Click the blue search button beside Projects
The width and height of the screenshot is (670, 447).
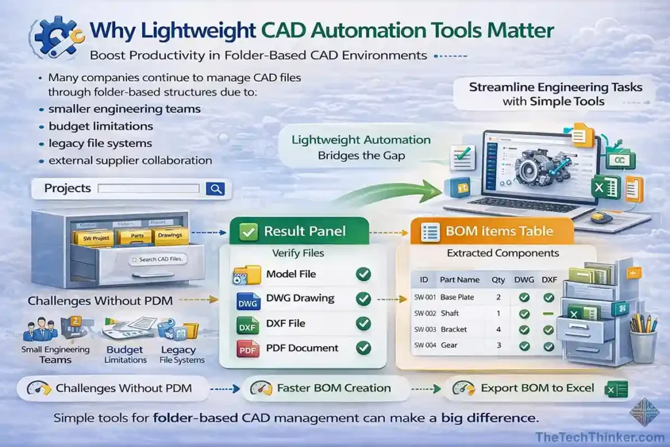(215, 189)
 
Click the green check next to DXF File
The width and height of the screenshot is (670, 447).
(362, 324)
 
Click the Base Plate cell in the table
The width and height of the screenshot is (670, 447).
(457, 297)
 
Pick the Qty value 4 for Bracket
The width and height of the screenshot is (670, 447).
(499, 329)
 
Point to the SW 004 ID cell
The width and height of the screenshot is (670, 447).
(425, 345)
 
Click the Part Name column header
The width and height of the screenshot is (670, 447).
(459, 279)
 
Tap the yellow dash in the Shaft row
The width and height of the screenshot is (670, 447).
(548, 314)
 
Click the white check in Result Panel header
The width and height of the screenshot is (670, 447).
(247, 231)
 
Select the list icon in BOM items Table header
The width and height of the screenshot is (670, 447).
(431, 231)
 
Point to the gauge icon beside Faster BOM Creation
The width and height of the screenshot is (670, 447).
(261, 388)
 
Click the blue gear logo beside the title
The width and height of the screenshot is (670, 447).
(56, 36)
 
